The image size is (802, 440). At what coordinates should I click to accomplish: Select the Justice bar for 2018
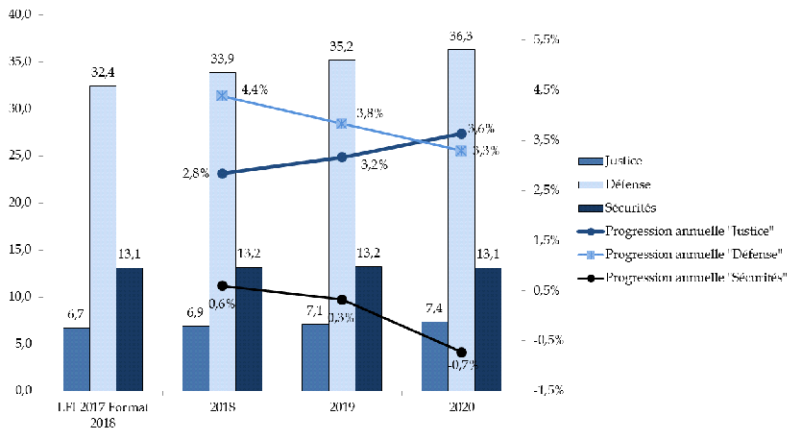coord(195,357)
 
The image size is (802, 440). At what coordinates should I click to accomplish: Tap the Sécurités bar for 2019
coord(368,328)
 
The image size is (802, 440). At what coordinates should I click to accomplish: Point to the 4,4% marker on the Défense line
coord(222,96)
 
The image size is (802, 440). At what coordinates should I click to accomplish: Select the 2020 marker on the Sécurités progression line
coord(461,353)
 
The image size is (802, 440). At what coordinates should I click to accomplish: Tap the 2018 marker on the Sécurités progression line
coord(222,285)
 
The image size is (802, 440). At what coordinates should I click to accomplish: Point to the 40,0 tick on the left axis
coord(20,14)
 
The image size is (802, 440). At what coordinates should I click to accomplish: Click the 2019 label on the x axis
coord(341,407)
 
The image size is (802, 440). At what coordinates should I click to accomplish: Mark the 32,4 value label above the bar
coord(103,71)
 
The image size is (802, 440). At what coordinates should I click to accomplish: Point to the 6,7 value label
coord(76,314)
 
